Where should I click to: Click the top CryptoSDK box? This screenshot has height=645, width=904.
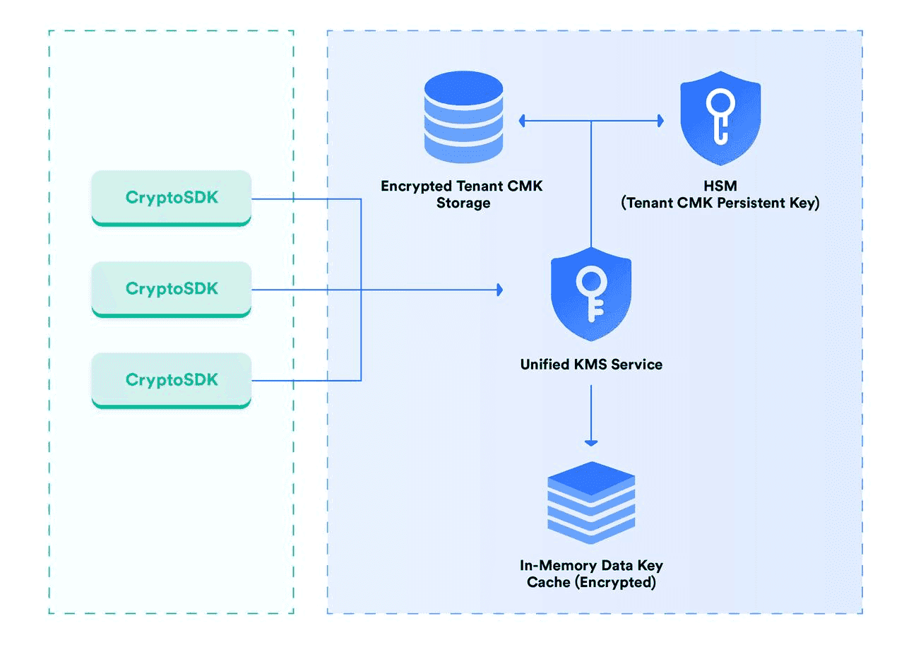(x=172, y=198)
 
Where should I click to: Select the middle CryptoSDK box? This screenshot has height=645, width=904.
(x=172, y=289)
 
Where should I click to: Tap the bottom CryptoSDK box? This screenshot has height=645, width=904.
(x=172, y=380)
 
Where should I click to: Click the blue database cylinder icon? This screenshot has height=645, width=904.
(x=463, y=119)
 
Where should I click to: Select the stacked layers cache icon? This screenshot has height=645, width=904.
(x=591, y=502)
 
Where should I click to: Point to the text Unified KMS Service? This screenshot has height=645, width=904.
(x=591, y=365)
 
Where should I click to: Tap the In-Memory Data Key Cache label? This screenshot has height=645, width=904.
(x=591, y=574)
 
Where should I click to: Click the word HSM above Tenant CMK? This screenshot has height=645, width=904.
(x=720, y=187)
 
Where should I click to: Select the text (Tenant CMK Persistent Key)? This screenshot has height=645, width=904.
(x=720, y=204)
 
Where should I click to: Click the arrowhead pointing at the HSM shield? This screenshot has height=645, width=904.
(x=660, y=122)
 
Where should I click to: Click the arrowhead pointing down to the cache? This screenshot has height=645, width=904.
(x=591, y=442)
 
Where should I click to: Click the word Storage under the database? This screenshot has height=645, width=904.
(x=463, y=204)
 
